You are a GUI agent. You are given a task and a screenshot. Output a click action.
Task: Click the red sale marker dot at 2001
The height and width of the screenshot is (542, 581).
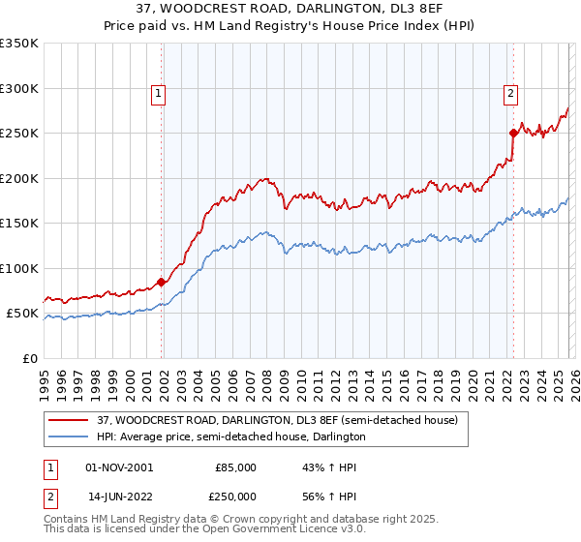pos(161,282)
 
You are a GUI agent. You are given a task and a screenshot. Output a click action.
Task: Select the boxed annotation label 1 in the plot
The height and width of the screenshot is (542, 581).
pos(158,94)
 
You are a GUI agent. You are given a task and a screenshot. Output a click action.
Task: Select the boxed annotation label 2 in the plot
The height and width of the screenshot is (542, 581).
pos(509,94)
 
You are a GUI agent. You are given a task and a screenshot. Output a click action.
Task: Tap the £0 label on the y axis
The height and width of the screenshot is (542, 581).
pos(29,358)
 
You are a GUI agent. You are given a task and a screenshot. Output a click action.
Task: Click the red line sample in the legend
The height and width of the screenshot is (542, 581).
pos(69,419)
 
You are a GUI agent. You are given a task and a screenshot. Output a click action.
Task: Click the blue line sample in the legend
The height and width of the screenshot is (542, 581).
pos(69,437)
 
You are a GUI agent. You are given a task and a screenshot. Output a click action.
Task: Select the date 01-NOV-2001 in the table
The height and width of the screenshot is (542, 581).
pos(119,467)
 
